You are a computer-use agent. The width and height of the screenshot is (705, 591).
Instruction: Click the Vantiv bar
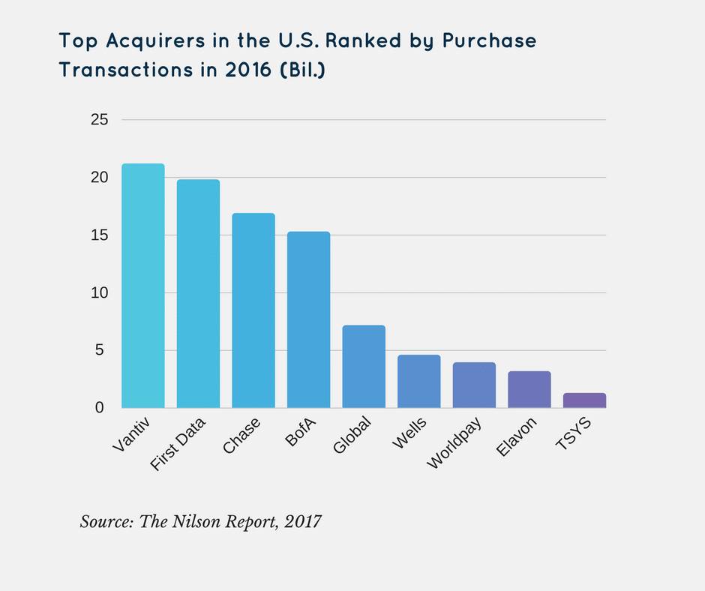(142, 286)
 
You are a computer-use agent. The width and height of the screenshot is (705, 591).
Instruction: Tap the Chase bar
(253, 310)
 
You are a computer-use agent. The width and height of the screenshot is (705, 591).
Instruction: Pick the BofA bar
(308, 319)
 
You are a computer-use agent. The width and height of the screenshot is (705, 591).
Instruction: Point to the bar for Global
(364, 367)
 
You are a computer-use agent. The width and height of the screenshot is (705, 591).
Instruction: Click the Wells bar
(418, 382)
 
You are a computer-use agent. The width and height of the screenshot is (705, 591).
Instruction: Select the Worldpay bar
(474, 385)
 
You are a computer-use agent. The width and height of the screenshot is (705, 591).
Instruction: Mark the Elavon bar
(529, 390)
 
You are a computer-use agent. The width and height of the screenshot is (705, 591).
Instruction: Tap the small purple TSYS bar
(584, 400)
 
